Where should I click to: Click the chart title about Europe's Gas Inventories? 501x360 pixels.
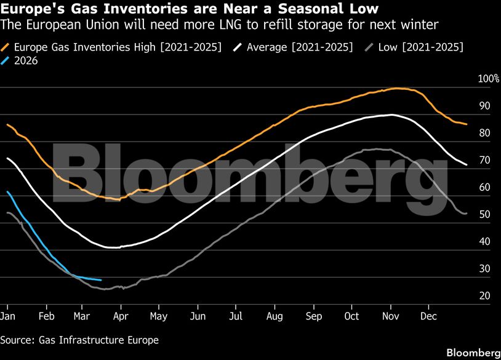(x=190, y=9)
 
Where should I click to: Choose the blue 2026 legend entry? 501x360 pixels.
(x=25, y=60)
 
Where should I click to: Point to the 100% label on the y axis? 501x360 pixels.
(x=489, y=79)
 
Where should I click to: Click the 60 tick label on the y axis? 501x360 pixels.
(x=484, y=187)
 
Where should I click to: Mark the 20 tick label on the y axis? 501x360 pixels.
(x=484, y=296)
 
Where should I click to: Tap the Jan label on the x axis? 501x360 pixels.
(x=7, y=316)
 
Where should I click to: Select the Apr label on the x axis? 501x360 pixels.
(x=121, y=316)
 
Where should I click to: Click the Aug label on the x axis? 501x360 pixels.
(x=275, y=316)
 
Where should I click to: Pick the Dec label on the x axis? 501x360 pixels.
(x=428, y=316)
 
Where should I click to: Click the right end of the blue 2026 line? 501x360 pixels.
(x=100, y=280)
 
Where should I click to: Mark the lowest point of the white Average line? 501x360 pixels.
(x=113, y=247)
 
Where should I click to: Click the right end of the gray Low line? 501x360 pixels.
(x=467, y=213)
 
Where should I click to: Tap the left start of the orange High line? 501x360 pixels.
(x=7, y=124)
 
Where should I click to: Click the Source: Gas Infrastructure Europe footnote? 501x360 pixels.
(x=79, y=340)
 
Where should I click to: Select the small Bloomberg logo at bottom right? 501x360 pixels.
(x=473, y=353)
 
